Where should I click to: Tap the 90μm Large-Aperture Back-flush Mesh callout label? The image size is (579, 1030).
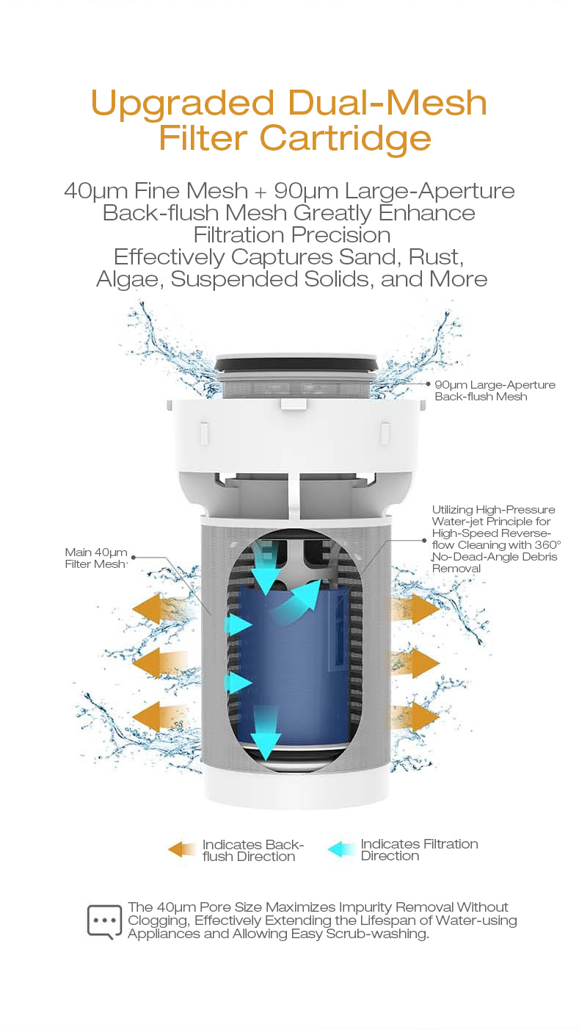(495, 391)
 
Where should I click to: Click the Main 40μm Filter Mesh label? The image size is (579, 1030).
(96, 558)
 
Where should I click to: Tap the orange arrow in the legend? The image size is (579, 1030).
(182, 849)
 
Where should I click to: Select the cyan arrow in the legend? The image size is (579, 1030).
(341, 849)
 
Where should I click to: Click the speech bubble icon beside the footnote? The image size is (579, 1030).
(104, 922)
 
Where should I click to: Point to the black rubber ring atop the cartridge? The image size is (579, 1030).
(296, 364)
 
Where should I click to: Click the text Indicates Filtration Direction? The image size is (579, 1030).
(419, 850)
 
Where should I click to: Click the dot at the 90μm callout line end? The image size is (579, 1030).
(429, 383)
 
